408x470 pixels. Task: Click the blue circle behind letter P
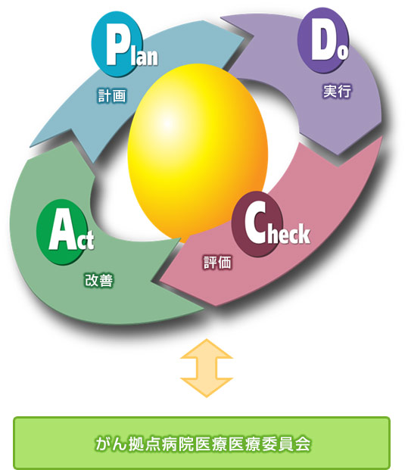(x=117, y=44)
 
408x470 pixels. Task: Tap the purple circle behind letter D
(x=323, y=40)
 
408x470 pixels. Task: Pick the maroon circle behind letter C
(x=257, y=224)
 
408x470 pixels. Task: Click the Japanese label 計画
(x=112, y=96)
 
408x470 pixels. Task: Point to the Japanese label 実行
(x=337, y=91)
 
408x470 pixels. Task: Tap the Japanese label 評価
(x=218, y=263)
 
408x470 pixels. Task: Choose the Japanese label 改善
(x=99, y=280)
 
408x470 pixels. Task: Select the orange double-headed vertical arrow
(x=207, y=368)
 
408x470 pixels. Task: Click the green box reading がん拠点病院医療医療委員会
(x=202, y=443)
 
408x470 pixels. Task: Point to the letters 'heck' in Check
(x=288, y=233)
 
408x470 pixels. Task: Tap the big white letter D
(x=323, y=42)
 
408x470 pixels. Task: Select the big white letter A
(x=62, y=232)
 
